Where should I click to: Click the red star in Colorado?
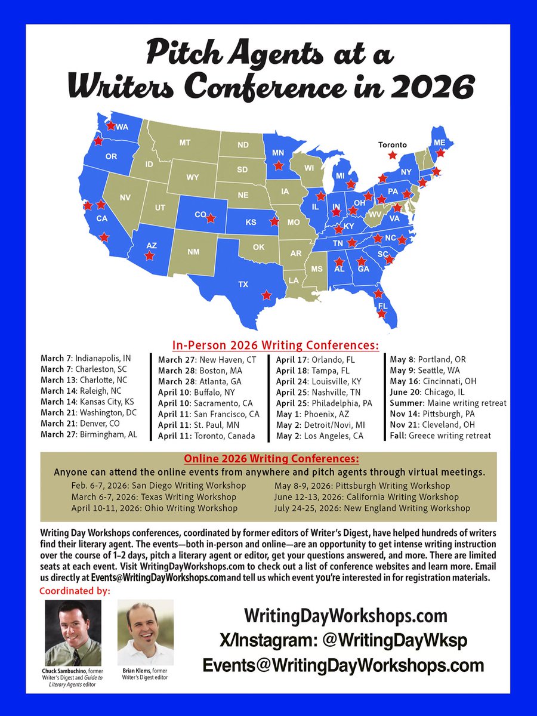point(210,218)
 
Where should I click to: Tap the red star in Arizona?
point(149,255)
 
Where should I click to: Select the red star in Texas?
point(266,295)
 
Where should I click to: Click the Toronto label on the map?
point(392,144)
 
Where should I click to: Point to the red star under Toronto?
point(392,155)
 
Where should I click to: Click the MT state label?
point(184,143)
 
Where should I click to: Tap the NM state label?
point(193,252)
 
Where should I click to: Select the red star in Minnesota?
point(278,166)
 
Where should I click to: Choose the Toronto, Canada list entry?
point(206,436)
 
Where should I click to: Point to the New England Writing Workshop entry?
point(372,508)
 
